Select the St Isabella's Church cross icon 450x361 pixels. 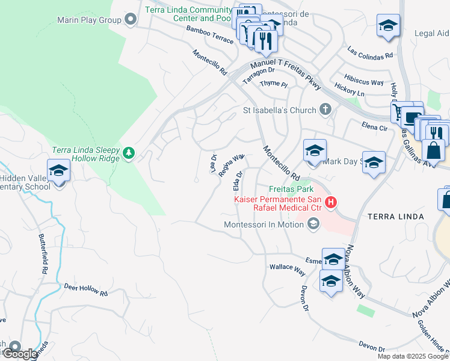[x=325, y=110]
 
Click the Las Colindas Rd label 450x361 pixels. [x=370, y=52]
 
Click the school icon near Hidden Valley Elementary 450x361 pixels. [x=58, y=171]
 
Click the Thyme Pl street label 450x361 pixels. [x=274, y=84]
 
